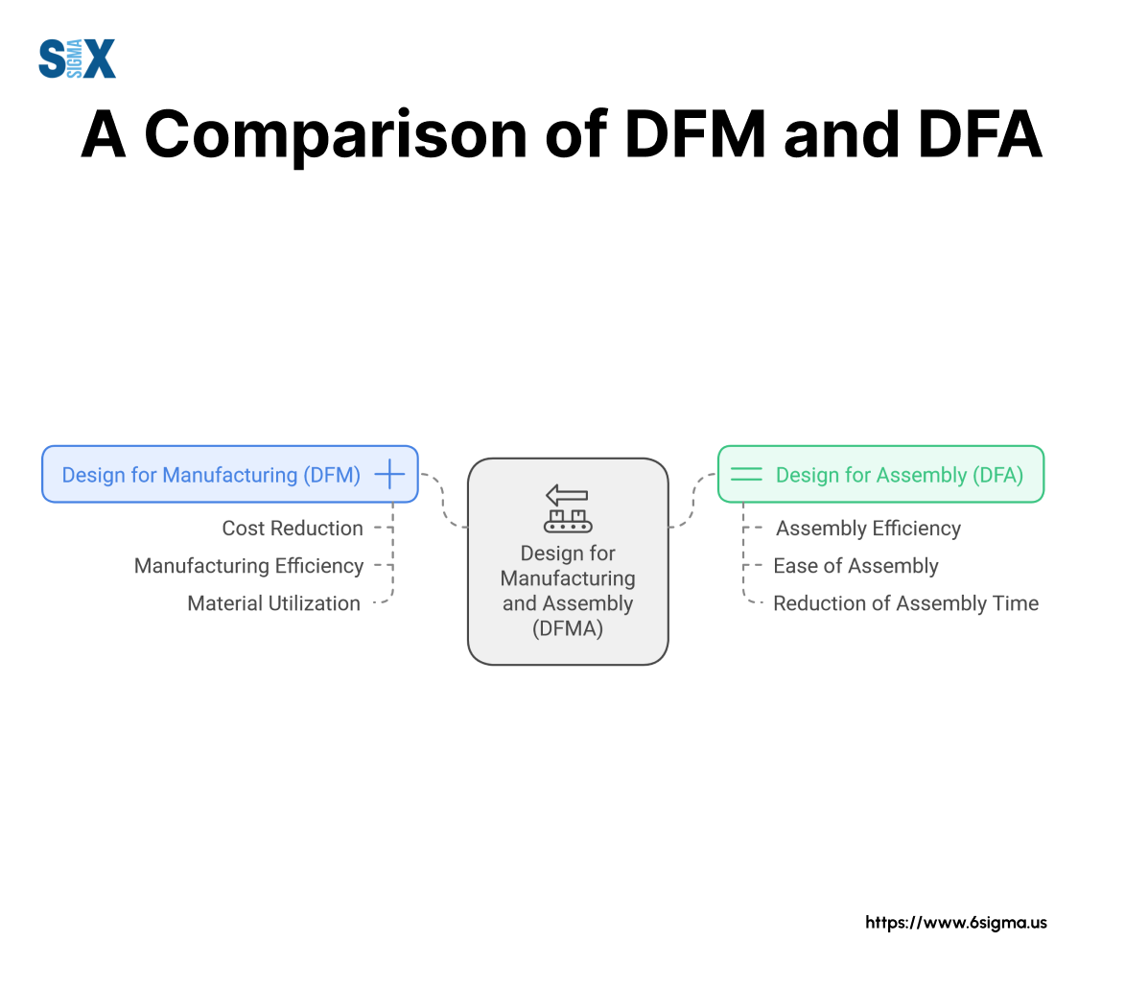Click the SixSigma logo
click(77, 59)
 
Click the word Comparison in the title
click(336, 135)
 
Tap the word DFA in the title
click(980, 134)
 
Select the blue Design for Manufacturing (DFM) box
click(229, 475)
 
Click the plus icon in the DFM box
click(389, 475)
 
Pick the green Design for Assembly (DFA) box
click(880, 475)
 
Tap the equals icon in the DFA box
click(746, 475)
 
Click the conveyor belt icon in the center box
click(568, 521)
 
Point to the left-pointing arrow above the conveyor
click(567, 495)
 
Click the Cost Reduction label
click(293, 529)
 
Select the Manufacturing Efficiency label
click(249, 566)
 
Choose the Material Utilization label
click(274, 603)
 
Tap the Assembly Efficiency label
click(868, 529)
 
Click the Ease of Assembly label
click(855, 566)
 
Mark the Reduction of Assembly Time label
click(906, 603)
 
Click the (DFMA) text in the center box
click(568, 628)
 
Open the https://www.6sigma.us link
click(955, 923)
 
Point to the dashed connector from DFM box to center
click(443, 500)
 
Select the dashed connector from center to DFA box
click(693, 500)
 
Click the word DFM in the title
click(695, 134)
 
